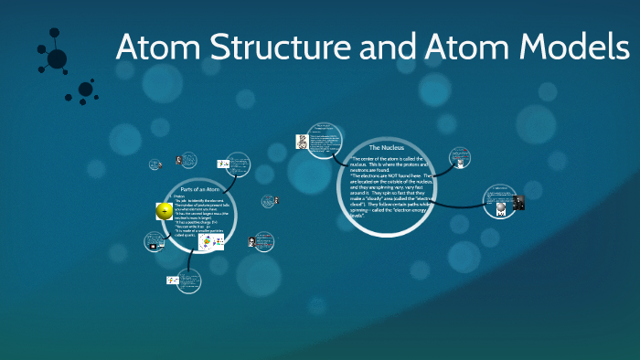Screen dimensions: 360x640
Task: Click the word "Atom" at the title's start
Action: click(x=153, y=48)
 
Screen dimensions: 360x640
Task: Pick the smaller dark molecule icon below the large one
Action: click(x=86, y=90)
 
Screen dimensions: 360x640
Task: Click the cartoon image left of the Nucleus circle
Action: click(x=301, y=142)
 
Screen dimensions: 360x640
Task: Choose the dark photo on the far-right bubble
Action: click(x=518, y=203)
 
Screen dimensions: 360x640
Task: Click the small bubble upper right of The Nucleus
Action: click(x=461, y=157)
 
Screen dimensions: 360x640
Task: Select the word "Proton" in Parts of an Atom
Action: click(x=178, y=196)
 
